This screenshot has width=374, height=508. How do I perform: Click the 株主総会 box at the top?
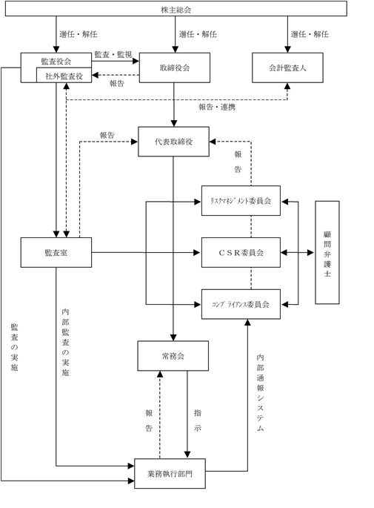pos(176,8)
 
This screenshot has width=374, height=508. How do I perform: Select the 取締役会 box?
pos(175,67)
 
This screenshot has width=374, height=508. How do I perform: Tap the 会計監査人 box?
pos(287,67)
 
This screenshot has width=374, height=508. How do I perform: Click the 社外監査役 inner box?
pos(64,75)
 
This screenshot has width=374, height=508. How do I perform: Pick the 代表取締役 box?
pos(174,142)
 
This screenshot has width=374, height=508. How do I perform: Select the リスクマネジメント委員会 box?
pos(241,200)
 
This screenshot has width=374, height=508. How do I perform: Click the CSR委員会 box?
pos(241,252)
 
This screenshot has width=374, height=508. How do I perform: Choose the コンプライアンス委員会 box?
pos(241,304)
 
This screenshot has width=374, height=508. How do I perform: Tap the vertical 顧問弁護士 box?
pos(327,252)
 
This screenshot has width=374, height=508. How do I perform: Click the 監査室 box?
pos(56,252)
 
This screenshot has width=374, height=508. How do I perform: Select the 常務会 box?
pos(173,356)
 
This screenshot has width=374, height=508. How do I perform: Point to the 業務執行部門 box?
pos(170,473)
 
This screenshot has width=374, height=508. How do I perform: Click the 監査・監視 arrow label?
pos(113,55)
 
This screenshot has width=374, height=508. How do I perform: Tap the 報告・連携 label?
pos(217,107)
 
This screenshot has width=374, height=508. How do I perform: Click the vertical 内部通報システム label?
pos(261,392)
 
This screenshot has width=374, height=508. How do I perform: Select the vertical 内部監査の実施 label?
pos(65,342)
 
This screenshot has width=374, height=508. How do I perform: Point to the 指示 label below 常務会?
pos(197,420)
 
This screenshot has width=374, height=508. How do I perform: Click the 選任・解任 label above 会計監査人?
pos(310,34)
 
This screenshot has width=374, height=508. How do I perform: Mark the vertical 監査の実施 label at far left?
pos(14,347)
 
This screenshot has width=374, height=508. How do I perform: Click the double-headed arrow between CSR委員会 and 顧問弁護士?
pos(297,252)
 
